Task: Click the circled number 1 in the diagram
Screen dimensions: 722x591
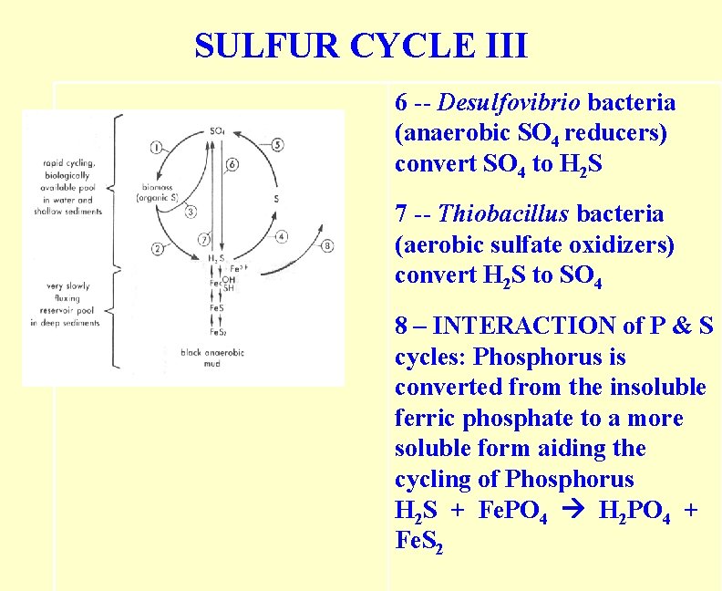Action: point(156,147)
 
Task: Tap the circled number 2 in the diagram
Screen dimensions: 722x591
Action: point(157,248)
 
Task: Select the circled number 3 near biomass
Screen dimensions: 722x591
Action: point(190,213)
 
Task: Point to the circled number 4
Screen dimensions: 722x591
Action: point(281,236)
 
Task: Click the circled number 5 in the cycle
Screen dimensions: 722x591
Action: point(277,144)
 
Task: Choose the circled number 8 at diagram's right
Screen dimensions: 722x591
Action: point(327,244)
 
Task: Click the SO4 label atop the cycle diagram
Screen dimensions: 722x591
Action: point(217,131)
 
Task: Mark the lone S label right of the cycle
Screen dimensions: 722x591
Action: point(275,199)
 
